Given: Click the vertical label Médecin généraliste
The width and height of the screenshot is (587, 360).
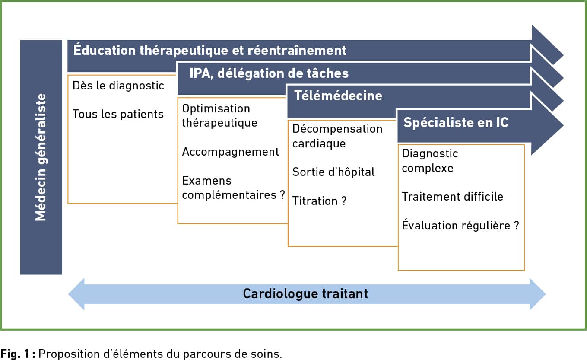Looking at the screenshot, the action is pos(41,157).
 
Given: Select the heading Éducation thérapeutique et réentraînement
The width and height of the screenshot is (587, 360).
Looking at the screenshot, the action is pos(209,50).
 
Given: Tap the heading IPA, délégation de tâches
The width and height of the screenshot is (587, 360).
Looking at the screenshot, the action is pos(269,73).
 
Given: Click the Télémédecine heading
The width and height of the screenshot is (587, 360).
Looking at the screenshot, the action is pos(338,96).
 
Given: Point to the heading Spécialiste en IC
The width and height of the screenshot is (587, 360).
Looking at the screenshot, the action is pos(456,122).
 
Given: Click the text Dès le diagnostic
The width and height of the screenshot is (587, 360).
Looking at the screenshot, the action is pos(118,86).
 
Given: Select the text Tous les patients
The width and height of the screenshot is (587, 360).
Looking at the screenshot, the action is pos(118,114).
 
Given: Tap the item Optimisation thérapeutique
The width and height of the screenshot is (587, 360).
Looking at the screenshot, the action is pos(219,116).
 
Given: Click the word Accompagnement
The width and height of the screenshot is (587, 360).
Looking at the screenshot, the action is pos(231,152).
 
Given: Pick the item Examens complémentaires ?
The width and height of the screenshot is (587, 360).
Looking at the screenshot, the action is pos(234,188).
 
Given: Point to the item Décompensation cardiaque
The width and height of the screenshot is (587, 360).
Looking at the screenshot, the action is pos(337,136).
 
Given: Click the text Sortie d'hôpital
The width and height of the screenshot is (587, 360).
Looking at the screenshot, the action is pos(333,172).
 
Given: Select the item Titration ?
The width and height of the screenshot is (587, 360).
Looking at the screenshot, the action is pos(320,201).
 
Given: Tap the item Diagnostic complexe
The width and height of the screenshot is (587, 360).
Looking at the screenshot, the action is pos(430,161).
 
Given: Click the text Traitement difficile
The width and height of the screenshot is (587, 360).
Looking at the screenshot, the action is pos(453,197).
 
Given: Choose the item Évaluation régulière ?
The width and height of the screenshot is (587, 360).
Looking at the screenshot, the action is pos(460,225).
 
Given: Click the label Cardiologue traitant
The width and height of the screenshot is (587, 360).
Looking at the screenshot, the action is pos(305,294).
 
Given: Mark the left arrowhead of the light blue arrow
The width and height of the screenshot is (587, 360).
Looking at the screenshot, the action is pos(76,294).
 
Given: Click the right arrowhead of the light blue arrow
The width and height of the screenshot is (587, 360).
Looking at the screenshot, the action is pos(538,294).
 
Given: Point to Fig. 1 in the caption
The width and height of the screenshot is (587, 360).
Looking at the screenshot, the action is pos(15,354).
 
